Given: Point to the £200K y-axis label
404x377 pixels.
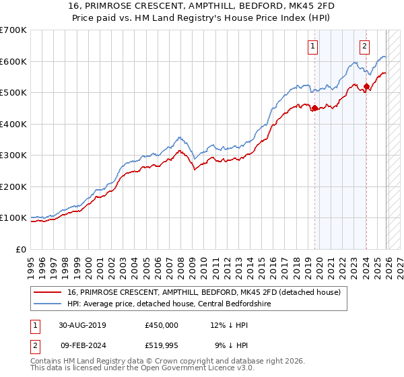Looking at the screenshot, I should (x=13, y=186).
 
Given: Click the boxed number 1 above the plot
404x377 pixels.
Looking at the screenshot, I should (x=314, y=46).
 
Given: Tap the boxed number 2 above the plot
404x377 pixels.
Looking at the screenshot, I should (x=364, y=46).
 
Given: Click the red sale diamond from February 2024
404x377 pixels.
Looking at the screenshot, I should (x=366, y=86).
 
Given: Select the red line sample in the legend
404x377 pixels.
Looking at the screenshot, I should (x=48, y=292).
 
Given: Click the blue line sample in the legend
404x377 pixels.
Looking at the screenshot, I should (x=48, y=304).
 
